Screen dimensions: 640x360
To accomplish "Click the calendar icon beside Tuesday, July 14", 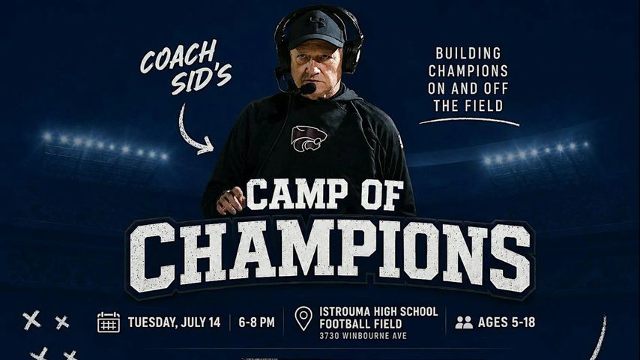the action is pyautogui.click(x=109, y=322).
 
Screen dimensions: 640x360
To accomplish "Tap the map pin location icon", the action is pyautogui.click(x=304, y=319).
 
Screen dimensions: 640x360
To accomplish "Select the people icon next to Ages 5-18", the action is pyautogui.click(x=464, y=322).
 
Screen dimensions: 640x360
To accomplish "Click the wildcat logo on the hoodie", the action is pyautogui.click(x=309, y=139).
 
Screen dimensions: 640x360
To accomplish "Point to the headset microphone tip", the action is pyautogui.click(x=308, y=88).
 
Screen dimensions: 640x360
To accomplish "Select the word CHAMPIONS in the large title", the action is pyautogui.click(x=330, y=256).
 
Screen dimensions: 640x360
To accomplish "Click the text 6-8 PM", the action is pyautogui.click(x=256, y=322).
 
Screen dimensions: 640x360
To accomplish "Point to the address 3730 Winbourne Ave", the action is pyautogui.click(x=363, y=336).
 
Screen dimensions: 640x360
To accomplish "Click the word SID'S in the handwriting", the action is pyautogui.click(x=201, y=79).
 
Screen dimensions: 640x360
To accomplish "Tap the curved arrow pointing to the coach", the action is pyautogui.click(x=192, y=130).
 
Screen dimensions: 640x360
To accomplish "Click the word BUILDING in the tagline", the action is pyautogui.click(x=468, y=53).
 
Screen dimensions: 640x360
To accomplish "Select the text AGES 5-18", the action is pyautogui.click(x=506, y=322).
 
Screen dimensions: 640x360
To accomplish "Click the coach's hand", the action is pyautogui.click(x=231, y=201).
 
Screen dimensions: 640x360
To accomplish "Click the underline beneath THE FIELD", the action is pyautogui.click(x=469, y=121).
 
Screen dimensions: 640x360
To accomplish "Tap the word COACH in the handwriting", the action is pyautogui.click(x=178, y=57).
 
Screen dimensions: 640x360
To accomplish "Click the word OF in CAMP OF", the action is pyautogui.click(x=381, y=194).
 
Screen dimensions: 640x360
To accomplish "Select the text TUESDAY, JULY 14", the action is pyautogui.click(x=175, y=322).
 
